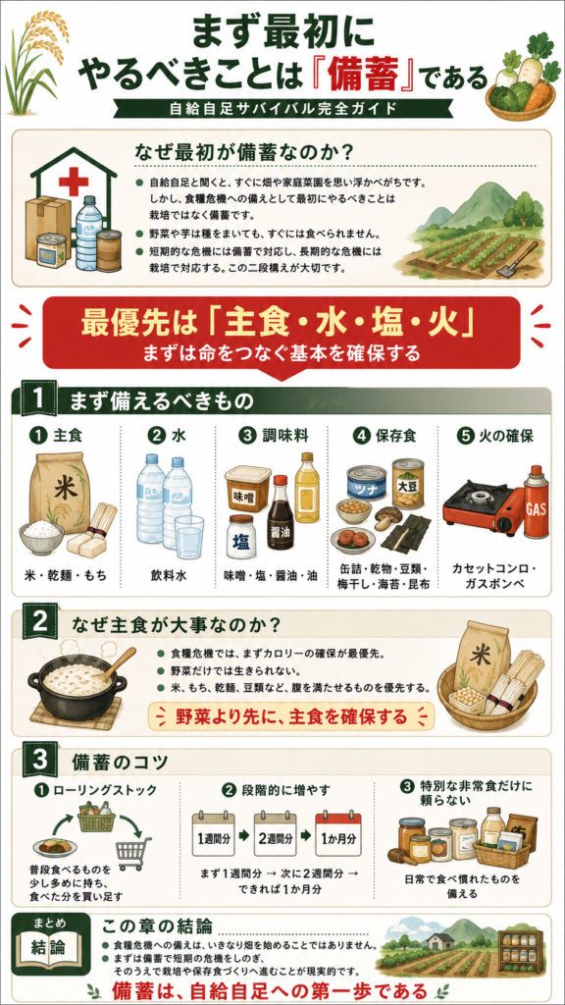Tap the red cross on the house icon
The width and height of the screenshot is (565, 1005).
(74, 182)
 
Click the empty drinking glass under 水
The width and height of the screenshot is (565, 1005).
(189, 537)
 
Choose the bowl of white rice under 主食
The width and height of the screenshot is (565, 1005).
(42, 537)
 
